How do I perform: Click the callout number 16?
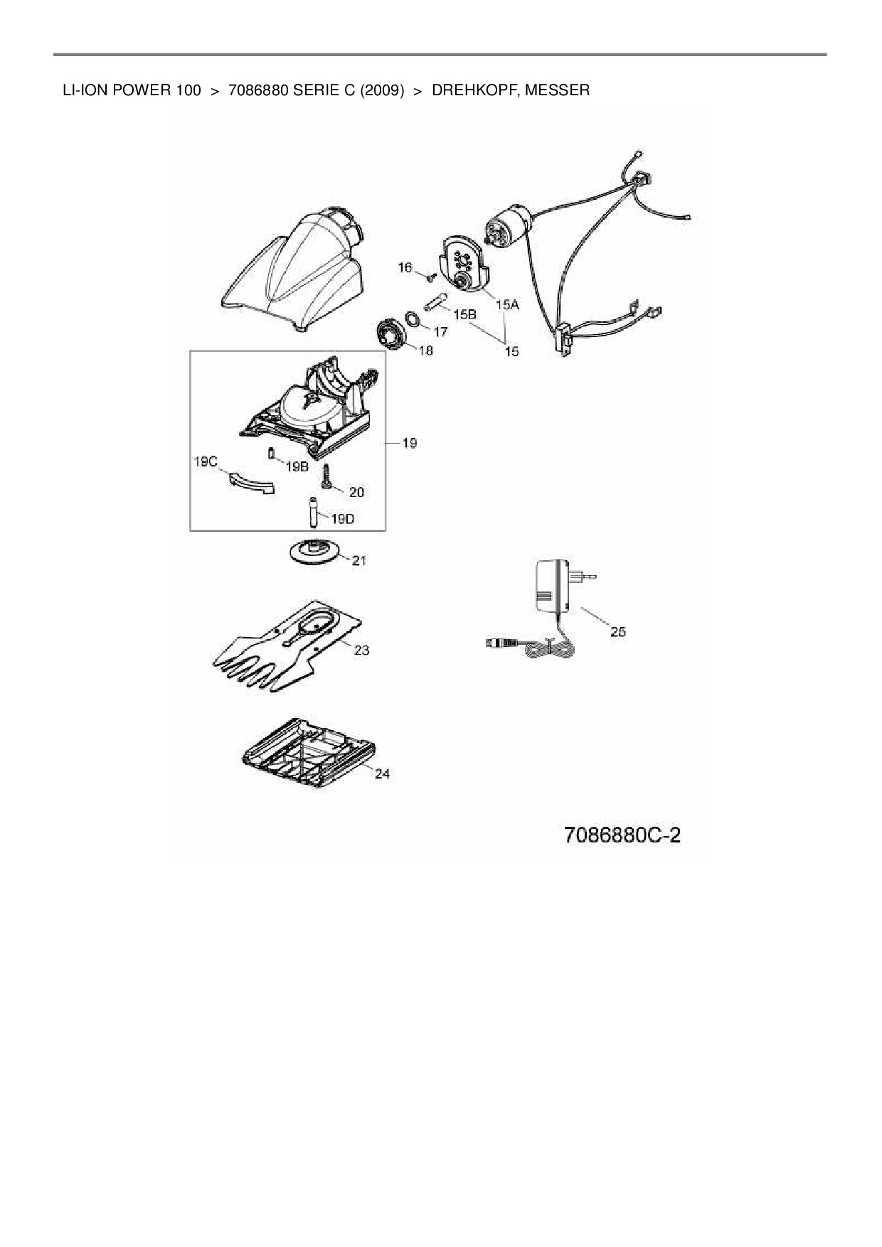point(405,267)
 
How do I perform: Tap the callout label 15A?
point(508,304)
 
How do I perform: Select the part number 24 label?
point(382,774)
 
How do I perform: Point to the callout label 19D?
point(342,518)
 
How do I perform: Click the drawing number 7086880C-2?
point(622,834)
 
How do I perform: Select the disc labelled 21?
point(313,551)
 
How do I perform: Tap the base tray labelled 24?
point(306,754)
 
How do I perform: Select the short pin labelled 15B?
point(434,302)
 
